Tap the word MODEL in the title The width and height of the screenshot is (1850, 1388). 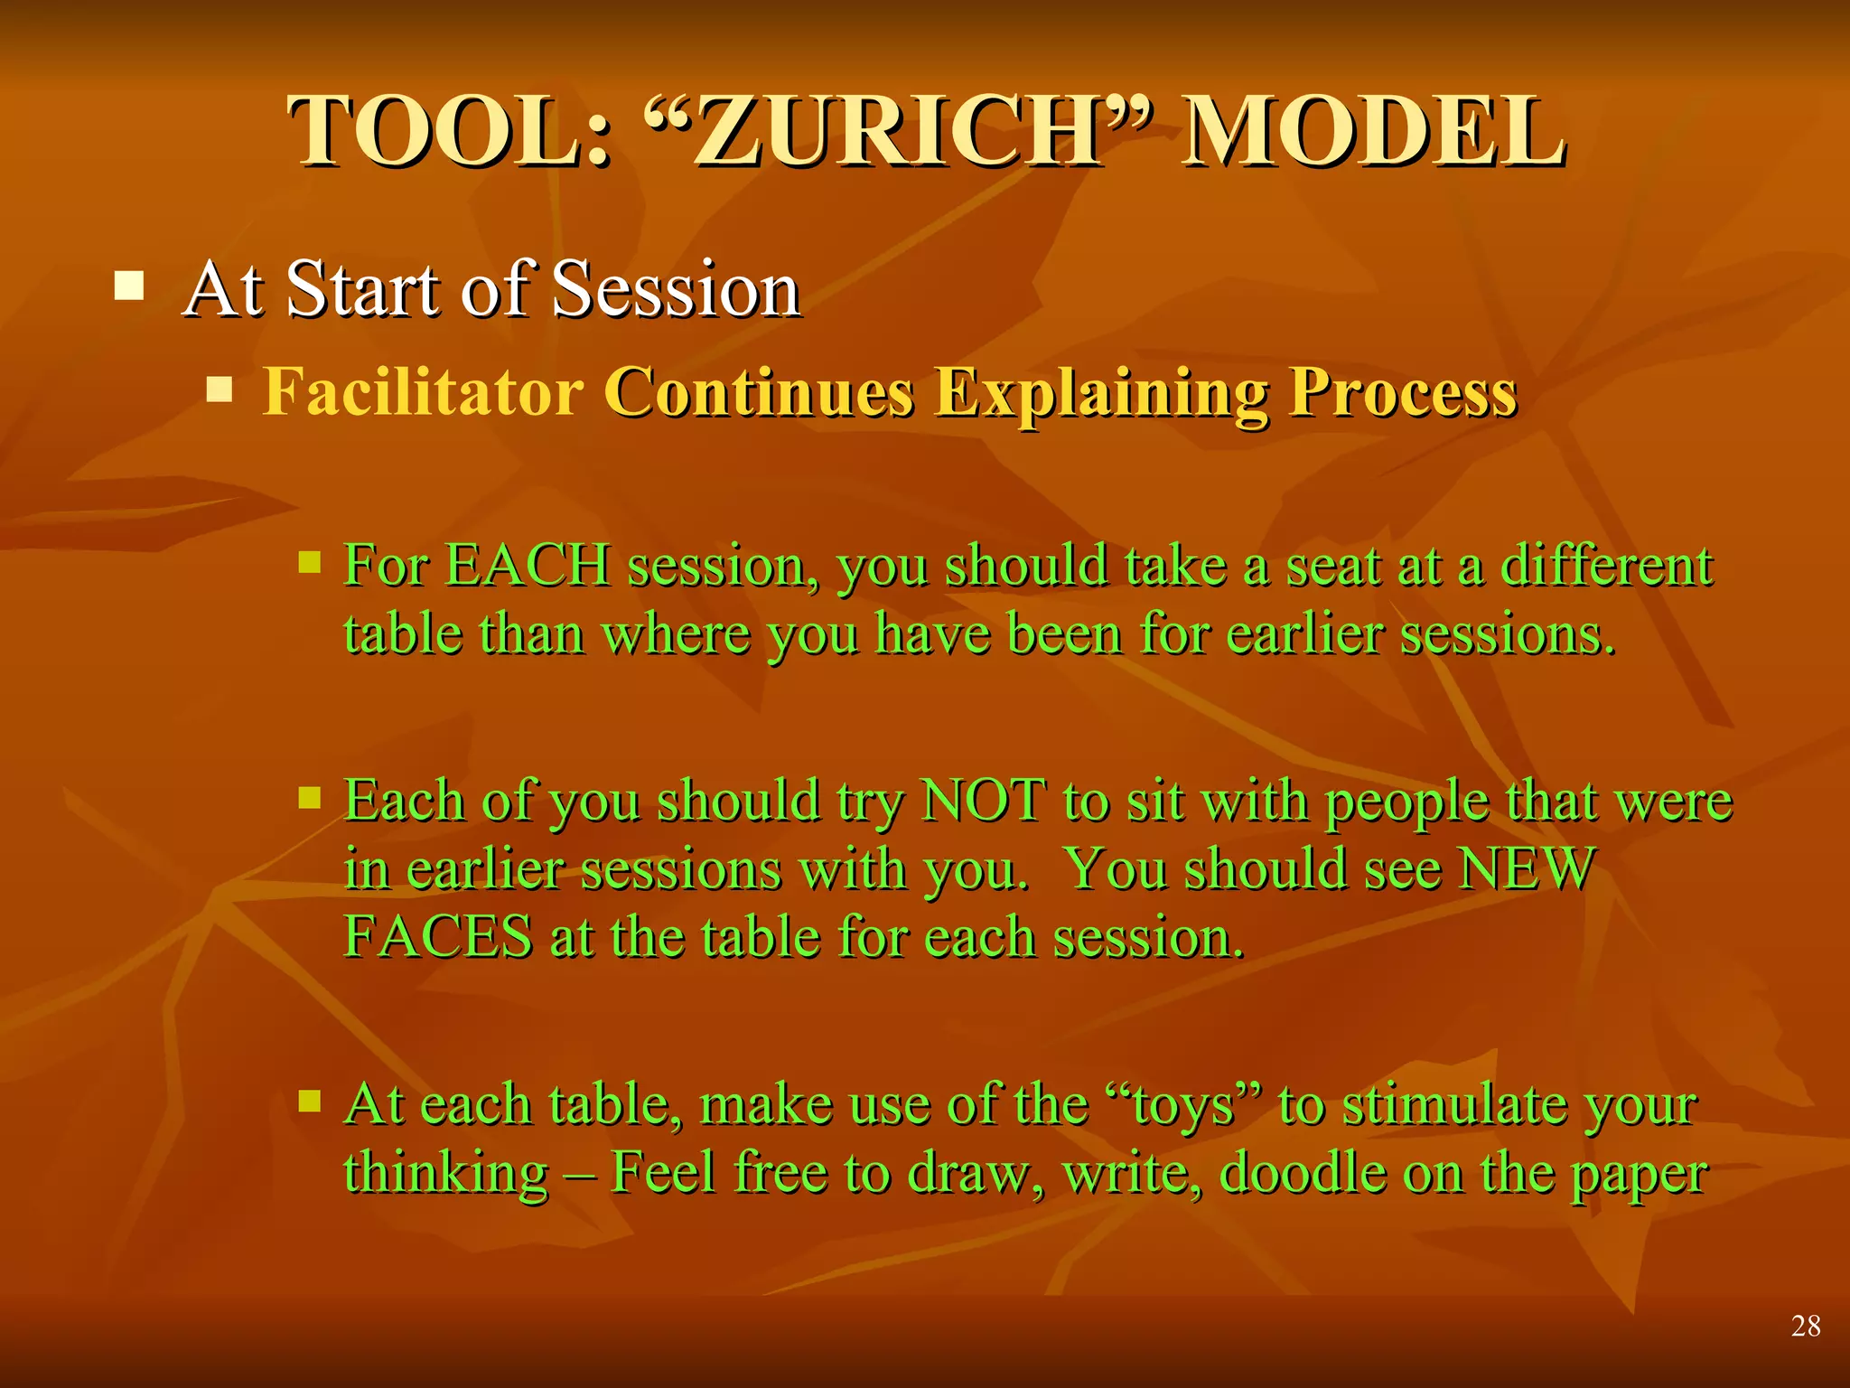coord(1372,133)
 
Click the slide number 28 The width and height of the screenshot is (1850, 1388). coord(1805,1326)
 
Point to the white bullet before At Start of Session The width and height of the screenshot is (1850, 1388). coord(130,286)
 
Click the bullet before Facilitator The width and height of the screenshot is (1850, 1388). coord(220,390)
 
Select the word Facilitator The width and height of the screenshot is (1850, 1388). coord(423,392)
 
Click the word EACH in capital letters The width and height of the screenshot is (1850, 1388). coord(528,567)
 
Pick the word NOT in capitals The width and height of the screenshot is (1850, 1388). coord(983,801)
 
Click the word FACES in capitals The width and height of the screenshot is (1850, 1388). coord(438,936)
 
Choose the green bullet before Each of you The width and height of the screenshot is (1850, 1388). coord(310,797)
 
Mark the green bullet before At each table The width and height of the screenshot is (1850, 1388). coord(310,1100)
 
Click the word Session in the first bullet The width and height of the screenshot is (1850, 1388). coord(676,289)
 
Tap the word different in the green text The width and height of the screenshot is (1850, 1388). coord(1606,567)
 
